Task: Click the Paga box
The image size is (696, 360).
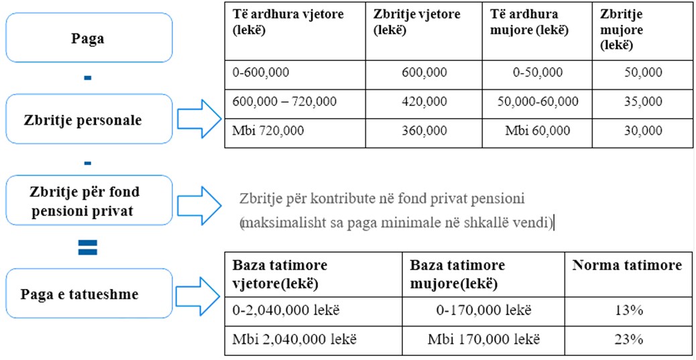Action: (x=88, y=38)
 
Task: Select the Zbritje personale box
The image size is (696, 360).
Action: (x=88, y=119)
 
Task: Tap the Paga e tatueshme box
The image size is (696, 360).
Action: (x=88, y=293)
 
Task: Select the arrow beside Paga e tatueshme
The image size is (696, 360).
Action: (x=200, y=293)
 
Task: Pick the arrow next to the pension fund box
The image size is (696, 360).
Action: (x=200, y=200)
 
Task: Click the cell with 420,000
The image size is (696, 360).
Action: (x=424, y=102)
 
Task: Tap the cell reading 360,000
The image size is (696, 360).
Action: (x=424, y=131)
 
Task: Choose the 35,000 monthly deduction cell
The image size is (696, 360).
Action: (x=642, y=102)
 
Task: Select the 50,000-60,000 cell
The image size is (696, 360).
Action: (x=538, y=102)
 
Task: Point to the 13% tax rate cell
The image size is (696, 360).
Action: (x=628, y=310)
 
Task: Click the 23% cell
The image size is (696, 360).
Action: (x=628, y=339)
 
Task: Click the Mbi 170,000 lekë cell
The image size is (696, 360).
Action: (x=483, y=339)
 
